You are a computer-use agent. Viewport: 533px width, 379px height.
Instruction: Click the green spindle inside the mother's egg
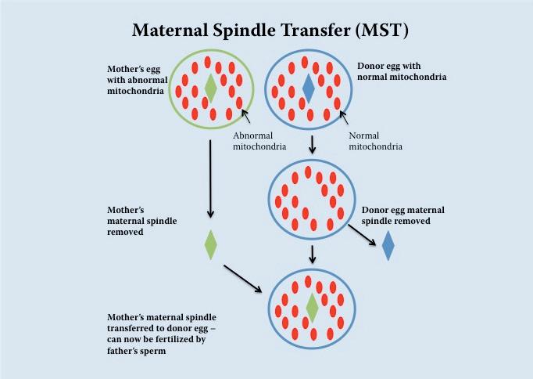[x=210, y=88]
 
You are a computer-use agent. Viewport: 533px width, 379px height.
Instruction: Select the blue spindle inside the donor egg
[x=308, y=88]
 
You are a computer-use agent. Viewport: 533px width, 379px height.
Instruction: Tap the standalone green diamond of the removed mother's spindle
[x=210, y=245]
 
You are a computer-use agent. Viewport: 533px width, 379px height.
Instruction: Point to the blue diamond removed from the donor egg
[x=388, y=246]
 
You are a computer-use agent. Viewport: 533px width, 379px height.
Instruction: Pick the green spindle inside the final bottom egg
[x=312, y=308]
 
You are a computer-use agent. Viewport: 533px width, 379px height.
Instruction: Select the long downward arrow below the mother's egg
[x=209, y=180]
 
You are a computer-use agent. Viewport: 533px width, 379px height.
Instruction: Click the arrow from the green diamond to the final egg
[x=242, y=278]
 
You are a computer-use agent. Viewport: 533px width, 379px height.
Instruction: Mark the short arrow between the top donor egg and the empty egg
[x=313, y=145]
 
